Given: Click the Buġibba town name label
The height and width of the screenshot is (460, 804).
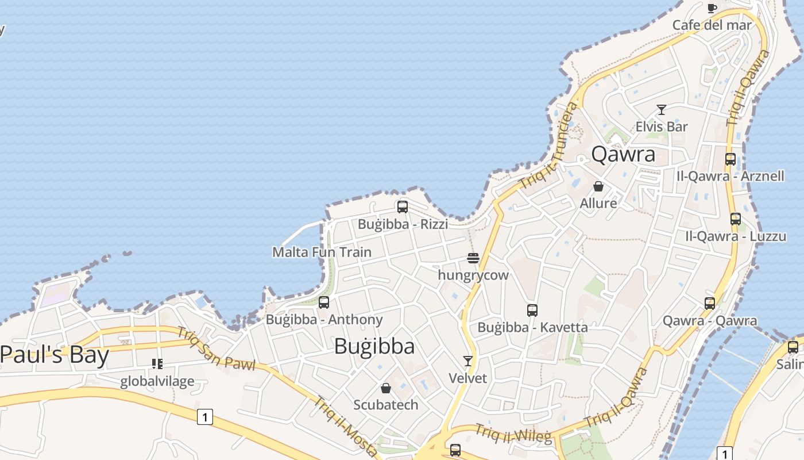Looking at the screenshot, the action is coord(374,346).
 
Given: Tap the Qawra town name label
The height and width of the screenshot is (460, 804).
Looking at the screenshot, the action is coord(623,154).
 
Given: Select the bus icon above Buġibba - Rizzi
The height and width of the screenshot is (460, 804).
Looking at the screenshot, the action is coord(403,207).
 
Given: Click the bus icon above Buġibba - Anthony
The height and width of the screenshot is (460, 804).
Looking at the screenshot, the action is coord(324,302).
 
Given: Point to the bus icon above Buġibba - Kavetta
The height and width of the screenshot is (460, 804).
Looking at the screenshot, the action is coord(532,310).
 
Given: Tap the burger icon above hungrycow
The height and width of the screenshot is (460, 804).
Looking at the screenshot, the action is coord(473,258).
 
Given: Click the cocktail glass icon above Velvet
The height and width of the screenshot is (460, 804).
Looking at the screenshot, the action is coord(468,361).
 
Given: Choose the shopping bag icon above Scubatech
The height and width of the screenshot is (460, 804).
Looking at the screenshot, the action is coord(386,388).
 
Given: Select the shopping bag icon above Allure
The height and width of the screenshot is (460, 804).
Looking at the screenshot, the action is coord(598,186).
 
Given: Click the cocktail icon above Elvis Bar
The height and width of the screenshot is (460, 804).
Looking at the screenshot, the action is coord(662,110).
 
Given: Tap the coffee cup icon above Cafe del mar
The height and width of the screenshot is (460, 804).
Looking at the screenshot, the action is coord(712,8).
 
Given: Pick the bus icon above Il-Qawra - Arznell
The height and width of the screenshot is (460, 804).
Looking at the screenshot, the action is coord(730,159).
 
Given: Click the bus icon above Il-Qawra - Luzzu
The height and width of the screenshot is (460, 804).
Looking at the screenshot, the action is coord(736,218).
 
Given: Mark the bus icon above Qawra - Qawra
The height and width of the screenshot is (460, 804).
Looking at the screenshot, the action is coord(710,303).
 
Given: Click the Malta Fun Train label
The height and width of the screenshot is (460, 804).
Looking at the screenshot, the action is coord(322,252).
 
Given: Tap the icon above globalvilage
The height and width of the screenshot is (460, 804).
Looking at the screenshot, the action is coord(157,364).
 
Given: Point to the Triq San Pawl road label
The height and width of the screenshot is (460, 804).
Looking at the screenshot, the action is coord(215,348).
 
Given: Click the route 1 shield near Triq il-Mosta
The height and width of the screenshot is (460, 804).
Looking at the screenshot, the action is coord(205,417).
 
